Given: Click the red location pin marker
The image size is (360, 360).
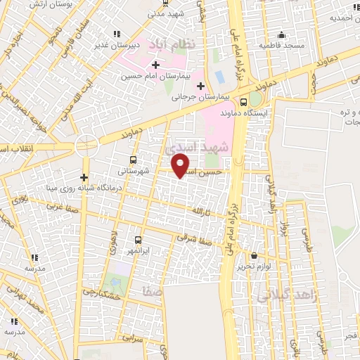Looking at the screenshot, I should coord(181,165).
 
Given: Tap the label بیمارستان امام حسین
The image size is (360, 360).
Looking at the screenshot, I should coord(155,76).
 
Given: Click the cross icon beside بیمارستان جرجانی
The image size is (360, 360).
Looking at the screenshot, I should coord(200,86).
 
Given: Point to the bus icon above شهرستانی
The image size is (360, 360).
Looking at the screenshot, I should coord(134,158).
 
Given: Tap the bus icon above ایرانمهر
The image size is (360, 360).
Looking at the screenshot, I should coord(138,239).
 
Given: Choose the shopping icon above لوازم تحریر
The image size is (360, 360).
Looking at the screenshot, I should coord(254,257).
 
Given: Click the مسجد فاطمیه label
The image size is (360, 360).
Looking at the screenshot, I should coord(281,45).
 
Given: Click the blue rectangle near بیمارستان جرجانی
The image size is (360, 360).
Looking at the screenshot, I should coord(219,75).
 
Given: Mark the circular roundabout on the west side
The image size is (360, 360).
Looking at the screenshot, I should coord(86,146).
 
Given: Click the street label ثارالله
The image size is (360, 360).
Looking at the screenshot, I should coord(202,211).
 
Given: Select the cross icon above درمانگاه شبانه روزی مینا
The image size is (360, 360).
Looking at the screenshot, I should coord(85,177).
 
